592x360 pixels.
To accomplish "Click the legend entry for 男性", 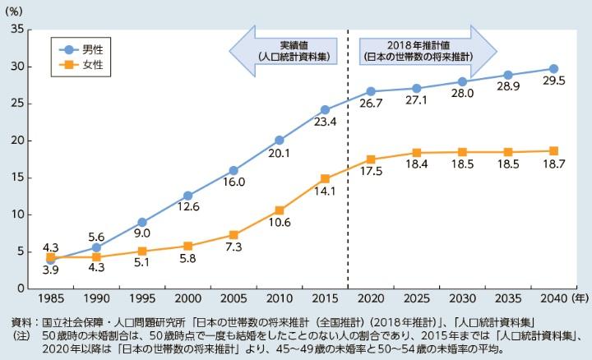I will point(81,49).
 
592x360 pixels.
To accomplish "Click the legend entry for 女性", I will point(81,65).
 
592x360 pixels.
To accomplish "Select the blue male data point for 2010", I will point(279,140).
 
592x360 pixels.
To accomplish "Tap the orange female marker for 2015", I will point(325,178).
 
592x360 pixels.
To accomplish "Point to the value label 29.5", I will point(553,85).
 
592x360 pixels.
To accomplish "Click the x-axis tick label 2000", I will point(187,301).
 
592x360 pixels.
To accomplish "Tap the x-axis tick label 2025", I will point(416,301).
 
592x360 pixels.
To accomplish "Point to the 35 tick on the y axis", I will point(16,29).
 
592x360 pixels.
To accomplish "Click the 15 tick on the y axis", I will point(16,178).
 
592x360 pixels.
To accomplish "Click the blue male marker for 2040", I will point(553,68).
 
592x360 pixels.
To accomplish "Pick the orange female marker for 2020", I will point(371,159).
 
